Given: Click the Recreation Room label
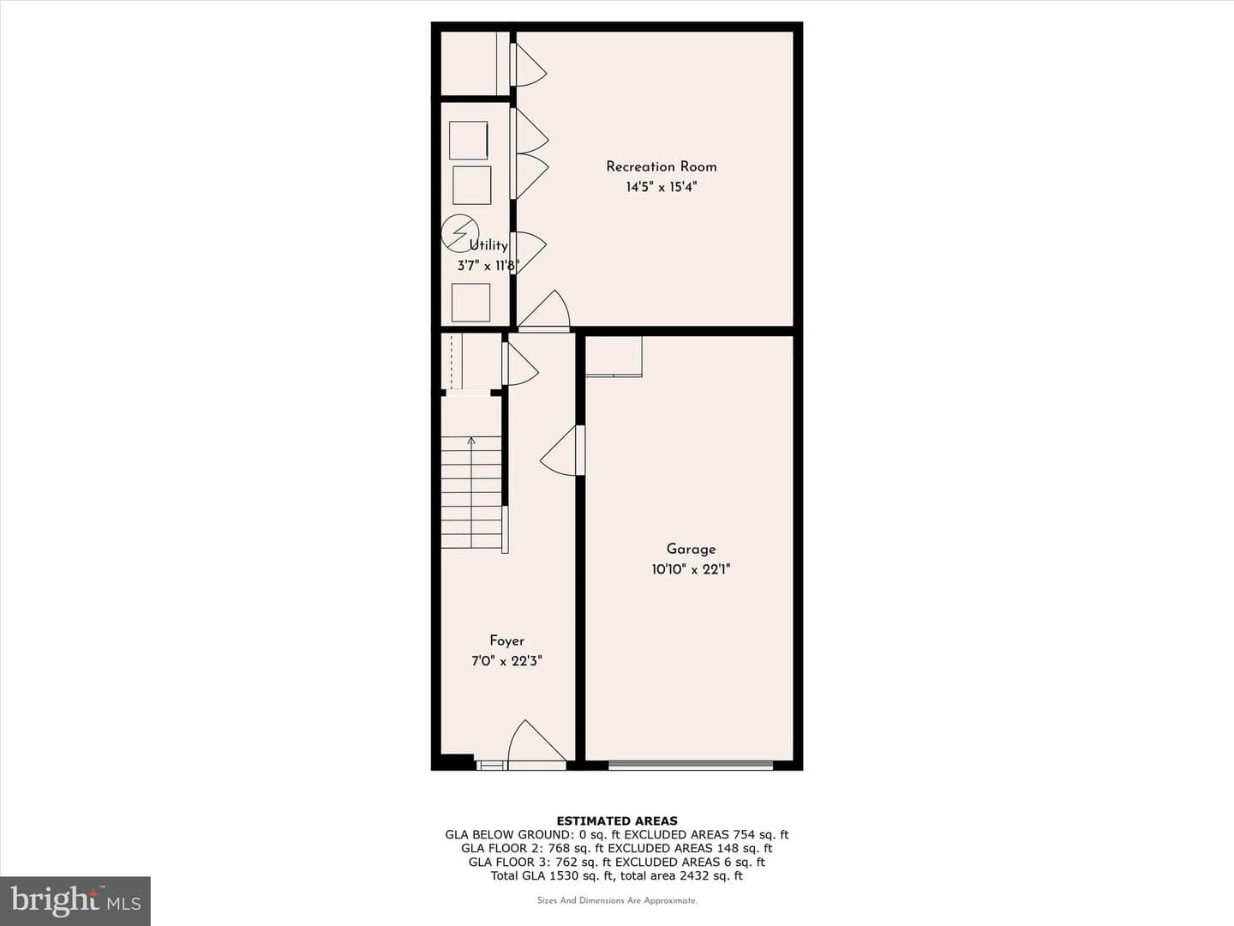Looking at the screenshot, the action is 661,167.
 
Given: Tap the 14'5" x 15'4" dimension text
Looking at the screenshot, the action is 661,187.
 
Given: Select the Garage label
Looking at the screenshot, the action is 691,550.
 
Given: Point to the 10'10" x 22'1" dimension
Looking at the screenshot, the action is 691,569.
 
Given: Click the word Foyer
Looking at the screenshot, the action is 506,641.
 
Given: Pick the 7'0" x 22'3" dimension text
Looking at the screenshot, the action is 506,661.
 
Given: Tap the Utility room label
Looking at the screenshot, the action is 488,245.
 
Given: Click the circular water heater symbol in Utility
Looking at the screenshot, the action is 460,232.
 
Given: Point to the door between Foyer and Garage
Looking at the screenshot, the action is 562,450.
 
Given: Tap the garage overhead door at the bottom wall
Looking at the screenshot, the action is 691,765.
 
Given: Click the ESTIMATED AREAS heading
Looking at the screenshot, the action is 617,821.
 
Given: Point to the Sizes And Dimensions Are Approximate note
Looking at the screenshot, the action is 617,900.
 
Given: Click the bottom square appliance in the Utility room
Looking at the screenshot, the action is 470,303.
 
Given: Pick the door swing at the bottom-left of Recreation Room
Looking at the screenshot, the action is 543,310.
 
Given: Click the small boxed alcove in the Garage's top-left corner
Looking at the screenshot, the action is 614,357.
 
